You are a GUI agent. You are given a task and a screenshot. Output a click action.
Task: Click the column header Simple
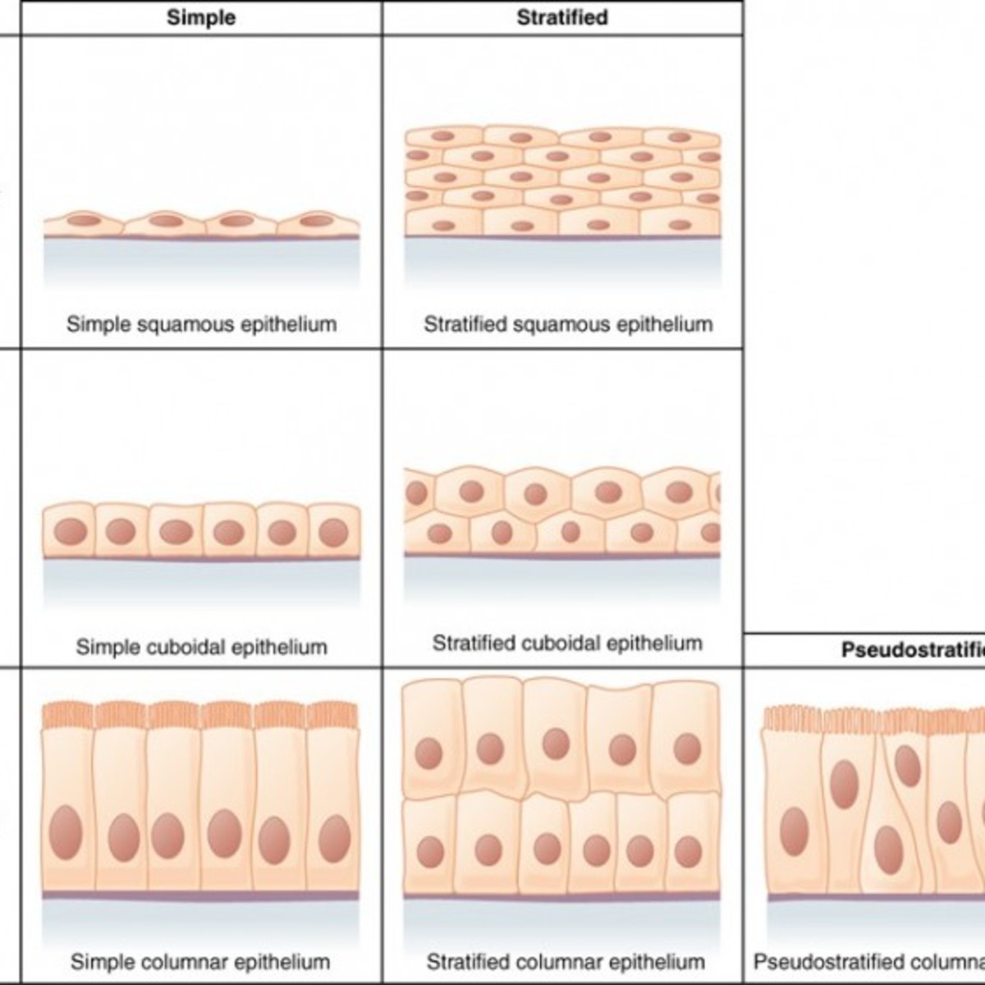pos(201,17)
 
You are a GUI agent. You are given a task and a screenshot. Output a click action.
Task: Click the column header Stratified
pos(562,17)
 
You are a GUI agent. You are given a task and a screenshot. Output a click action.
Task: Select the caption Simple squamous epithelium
pos(201,324)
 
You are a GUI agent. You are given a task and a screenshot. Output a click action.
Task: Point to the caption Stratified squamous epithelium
pos(568,324)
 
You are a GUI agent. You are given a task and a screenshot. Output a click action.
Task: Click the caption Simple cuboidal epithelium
pos(201,647)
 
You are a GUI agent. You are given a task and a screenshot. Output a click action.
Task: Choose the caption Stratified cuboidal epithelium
pos(567,643)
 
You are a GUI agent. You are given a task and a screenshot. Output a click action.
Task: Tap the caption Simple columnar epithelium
pos(200,961)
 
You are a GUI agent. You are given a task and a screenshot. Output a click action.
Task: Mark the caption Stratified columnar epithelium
pos(566,961)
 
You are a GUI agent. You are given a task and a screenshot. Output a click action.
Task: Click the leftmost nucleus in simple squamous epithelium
pos(83,220)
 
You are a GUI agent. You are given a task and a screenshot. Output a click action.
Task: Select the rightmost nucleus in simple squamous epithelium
pos(314,220)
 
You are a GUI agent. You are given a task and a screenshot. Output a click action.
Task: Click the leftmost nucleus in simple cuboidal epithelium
pos(70,532)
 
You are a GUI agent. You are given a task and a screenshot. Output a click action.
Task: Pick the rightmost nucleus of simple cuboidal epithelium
pos(333,532)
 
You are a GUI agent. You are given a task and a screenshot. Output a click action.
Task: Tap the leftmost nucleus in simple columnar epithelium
pos(66,832)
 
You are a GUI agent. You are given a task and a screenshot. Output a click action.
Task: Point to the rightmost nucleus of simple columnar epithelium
pos(334,838)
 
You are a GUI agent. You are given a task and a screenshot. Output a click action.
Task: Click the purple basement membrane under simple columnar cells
pos(201,895)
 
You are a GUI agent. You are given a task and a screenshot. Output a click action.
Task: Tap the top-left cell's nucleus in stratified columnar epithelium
pos(428,753)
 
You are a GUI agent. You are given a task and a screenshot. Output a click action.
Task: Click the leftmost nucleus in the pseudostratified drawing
pos(794,830)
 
